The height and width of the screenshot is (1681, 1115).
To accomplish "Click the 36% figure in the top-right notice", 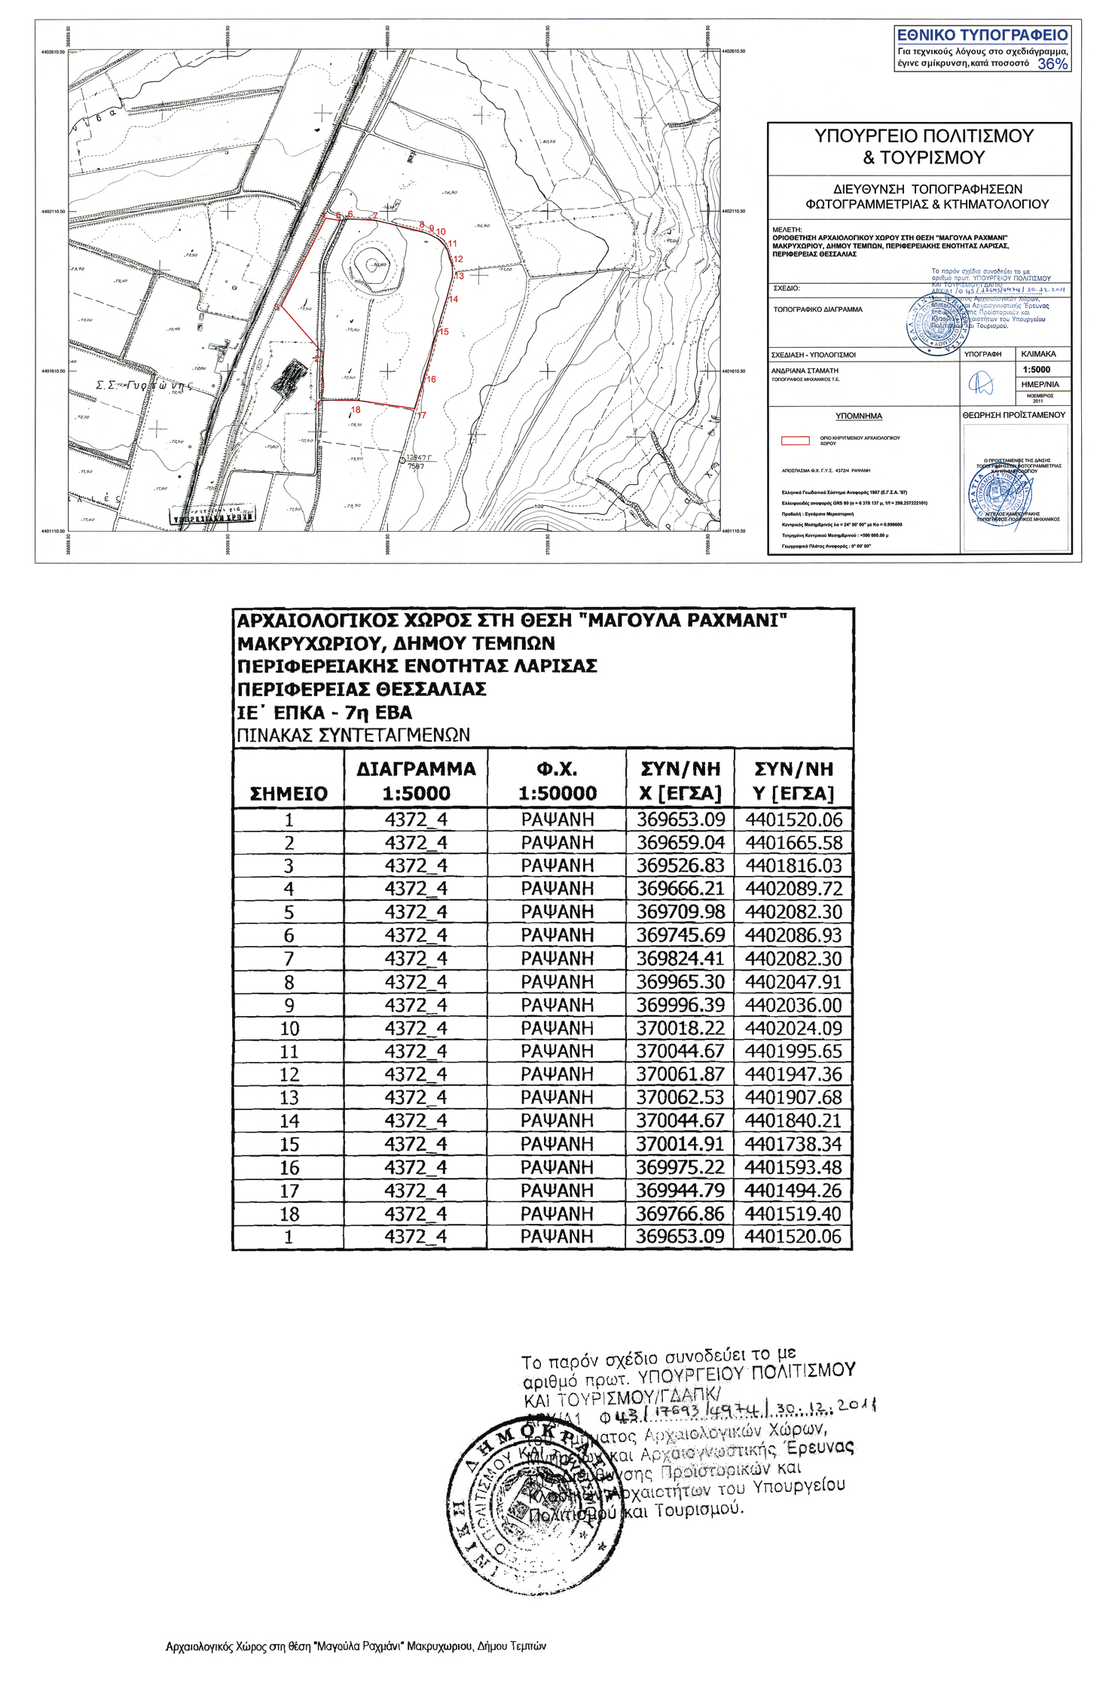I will click(1052, 64).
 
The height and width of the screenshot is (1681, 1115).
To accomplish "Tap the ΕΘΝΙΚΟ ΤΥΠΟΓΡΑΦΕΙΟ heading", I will click(982, 35).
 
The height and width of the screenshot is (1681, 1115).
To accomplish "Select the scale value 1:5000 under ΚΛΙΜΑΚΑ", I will click(1037, 370).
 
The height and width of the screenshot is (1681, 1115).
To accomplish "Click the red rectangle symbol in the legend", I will click(795, 441).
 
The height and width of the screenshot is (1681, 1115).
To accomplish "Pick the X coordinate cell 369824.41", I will click(680, 959).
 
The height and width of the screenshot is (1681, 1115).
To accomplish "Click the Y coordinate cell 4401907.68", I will click(793, 1097).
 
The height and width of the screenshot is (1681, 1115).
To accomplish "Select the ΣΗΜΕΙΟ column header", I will click(289, 793).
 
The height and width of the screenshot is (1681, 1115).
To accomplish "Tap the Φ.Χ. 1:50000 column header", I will click(557, 780).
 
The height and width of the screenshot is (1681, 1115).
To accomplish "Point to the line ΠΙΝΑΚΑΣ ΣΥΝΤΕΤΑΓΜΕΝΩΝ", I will click(353, 735).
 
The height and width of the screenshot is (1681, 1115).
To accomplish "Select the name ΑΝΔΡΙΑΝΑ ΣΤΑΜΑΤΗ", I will click(805, 371).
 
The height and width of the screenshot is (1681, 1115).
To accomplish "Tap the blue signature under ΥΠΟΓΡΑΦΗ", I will click(981, 384).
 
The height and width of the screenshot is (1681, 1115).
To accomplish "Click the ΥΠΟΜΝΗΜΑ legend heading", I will click(858, 416).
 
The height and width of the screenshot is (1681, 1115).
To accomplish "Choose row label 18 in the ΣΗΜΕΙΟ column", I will click(289, 1214).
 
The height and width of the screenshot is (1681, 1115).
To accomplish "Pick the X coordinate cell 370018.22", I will click(680, 1028).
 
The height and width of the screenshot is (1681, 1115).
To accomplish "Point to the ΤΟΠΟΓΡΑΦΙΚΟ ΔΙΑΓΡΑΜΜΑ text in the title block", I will click(817, 310).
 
